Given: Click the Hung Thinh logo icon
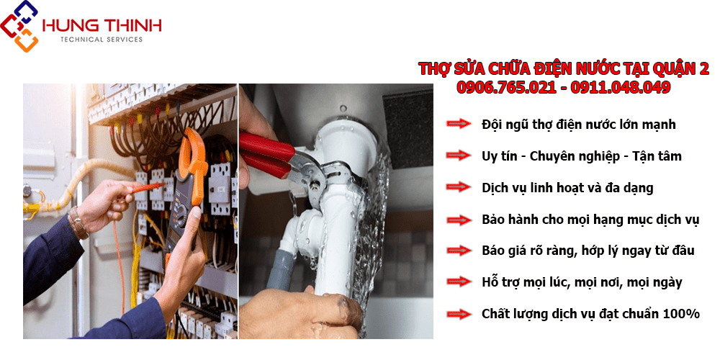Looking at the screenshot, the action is click(x=19, y=26).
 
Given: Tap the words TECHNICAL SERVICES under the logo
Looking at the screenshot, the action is click(x=102, y=40).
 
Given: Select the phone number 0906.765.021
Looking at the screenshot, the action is click(x=506, y=87).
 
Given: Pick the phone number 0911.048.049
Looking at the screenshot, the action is click(x=621, y=87).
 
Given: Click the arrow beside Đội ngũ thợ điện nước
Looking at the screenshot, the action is click(x=458, y=124).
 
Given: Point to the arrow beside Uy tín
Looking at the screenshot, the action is click(x=458, y=156).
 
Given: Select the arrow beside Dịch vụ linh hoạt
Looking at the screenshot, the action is click(x=458, y=187).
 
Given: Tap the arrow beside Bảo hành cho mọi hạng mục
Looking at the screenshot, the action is click(x=458, y=220).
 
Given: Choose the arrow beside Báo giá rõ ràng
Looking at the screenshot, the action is click(x=458, y=251).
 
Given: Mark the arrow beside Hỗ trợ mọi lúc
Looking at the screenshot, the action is click(x=458, y=282).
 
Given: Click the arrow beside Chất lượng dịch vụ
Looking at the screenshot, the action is click(x=458, y=314).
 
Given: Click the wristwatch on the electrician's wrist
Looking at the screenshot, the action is click(x=78, y=222).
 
